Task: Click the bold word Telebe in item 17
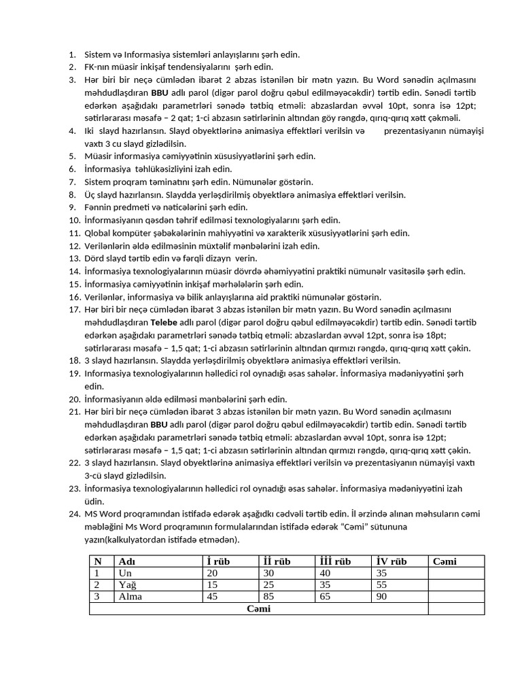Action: [x=165, y=322]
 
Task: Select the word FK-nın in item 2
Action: [x=97, y=67]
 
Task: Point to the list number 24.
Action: [x=74, y=514]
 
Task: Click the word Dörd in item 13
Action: [x=94, y=258]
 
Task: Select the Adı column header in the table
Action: [x=127, y=561]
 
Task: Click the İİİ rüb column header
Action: [x=334, y=561]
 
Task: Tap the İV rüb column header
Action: [x=391, y=561]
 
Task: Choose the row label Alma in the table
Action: [x=130, y=596]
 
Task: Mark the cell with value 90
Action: [x=381, y=596]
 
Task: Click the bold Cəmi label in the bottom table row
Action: [x=258, y=608]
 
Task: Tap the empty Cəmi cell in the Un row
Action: [x=455, y=573]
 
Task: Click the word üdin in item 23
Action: [x=94, y=501]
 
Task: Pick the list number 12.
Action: [x=74, y=245]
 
